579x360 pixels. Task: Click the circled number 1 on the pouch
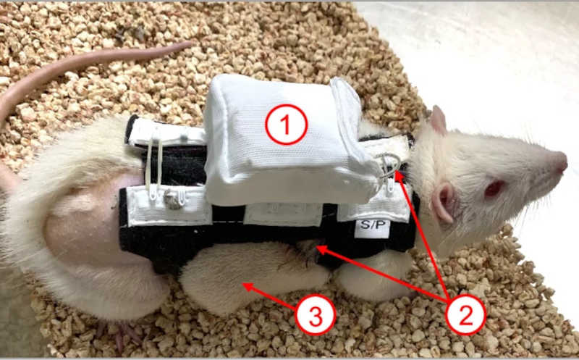286,124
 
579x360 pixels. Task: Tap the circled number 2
465,315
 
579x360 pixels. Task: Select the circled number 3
316,315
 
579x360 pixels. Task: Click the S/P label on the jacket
372,225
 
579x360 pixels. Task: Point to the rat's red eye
495,188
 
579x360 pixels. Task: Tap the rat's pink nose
562,163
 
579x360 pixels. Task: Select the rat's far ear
439,120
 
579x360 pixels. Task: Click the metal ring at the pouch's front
389,163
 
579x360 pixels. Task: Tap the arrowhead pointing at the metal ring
400,177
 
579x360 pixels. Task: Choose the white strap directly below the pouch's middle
283,214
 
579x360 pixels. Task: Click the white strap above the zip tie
166,132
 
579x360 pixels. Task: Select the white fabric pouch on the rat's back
288,141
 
